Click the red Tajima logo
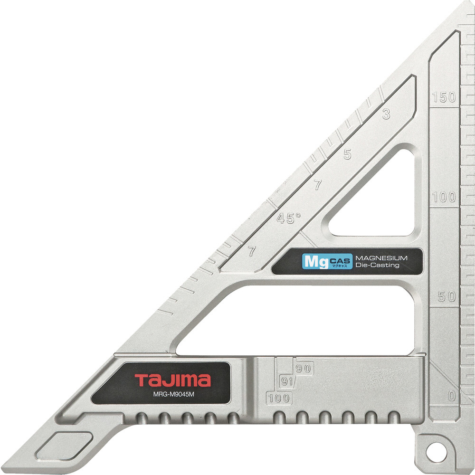173,380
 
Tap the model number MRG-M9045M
173,394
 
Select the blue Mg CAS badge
327,261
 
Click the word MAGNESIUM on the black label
381,258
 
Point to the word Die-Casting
378,265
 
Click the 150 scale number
444,97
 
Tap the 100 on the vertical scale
444,197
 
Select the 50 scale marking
447,296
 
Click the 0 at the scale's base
452,396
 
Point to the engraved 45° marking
289,218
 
